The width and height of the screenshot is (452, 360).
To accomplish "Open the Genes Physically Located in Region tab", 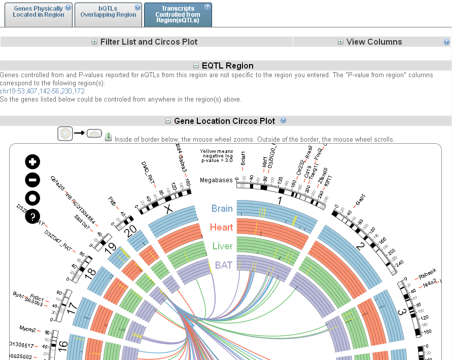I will (x=39, y=12).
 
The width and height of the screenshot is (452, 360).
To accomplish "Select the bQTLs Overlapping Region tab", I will (x=108, y=12).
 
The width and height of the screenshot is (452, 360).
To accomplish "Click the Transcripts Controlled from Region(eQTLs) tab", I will (x=178, y=14).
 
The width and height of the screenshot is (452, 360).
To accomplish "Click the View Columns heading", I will (x=374, y=42).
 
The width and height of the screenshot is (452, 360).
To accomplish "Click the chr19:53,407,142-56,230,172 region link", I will (x=42, y=91).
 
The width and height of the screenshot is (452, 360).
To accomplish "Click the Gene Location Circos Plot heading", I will (x=224, y=121).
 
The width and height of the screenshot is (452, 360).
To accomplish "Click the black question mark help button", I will (x=32, y=217).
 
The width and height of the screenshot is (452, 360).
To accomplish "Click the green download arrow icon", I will (x=108, y=137).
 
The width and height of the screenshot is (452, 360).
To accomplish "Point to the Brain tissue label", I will (x=222, y=209).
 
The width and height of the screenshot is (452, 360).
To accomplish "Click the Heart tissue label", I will (x=221, y=227).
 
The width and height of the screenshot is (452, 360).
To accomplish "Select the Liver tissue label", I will (x=222, y=246).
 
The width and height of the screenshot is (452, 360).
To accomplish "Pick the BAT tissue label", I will (x=224, y=265).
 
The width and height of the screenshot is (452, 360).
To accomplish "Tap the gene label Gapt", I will (x=360, y=200).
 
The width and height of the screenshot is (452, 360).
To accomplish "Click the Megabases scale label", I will (x=216, y=180).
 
